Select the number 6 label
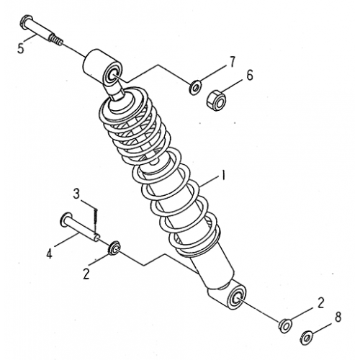coord(251,75)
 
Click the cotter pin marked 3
coord(96,215)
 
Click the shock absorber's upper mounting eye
coord(102,67)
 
